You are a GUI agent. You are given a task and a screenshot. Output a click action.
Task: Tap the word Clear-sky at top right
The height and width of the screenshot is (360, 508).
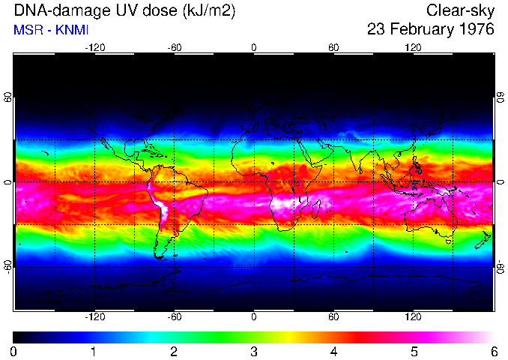[460, 11]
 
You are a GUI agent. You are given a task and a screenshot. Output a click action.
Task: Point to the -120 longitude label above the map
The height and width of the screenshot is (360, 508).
[94, 48]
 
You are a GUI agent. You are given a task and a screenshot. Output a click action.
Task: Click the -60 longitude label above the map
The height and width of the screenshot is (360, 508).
[174, 48]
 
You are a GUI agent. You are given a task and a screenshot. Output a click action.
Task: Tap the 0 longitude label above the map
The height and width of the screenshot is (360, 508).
[254, 48]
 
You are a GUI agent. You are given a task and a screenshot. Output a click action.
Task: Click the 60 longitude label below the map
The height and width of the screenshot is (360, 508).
[333, 317]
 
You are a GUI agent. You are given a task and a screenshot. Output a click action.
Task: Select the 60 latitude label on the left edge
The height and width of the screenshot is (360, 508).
[8, 97]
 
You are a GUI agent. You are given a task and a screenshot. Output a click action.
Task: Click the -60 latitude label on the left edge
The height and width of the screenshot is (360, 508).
[8, 266]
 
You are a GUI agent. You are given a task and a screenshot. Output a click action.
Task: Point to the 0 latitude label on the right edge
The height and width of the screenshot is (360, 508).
[500, 182]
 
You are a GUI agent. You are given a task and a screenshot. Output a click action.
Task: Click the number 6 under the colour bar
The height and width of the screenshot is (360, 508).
[494, 351]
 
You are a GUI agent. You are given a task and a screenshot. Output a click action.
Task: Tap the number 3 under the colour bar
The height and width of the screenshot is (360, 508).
[254, 351]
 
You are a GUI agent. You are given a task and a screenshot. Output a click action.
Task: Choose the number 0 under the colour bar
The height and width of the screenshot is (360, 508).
[14, 351]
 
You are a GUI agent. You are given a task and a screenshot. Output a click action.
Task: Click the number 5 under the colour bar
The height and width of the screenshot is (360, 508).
[414, 351]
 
